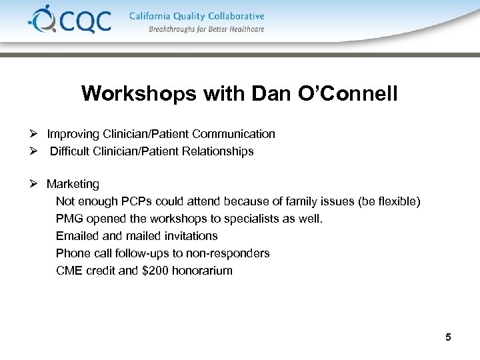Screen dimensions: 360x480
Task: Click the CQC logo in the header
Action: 69,20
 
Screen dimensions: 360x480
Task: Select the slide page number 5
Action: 448,337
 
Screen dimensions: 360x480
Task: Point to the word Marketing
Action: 73,184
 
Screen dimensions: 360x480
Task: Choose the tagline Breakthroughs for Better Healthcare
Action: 206,29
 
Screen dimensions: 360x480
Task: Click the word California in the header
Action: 153,16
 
